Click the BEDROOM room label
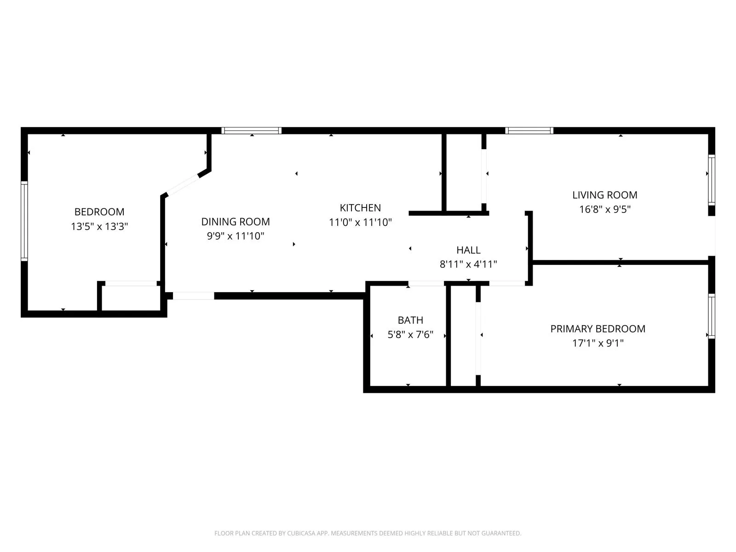pyautogui.click(x=99, y=212)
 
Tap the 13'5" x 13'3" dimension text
pyautogui.click(x=99, y=226)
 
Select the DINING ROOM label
pyautogui.click(x=236, y=222)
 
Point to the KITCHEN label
pyautogui.click(x=360, y=208)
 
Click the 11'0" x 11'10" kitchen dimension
pyautogui.click(x=360, y=223)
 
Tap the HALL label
pyautogui.click(x=468, y=250)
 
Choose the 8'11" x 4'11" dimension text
pyautogui.click(x=468, y=264)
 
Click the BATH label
pyautogui.click(x=410, y=320)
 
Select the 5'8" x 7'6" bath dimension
pyautogui.click(x=410, y=334)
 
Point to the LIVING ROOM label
pyautogui.click(x=604, y=195)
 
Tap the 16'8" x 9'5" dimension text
pyautogui.click(x=604, y=209)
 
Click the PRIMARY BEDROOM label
pyautogui.click(x=598, y=329)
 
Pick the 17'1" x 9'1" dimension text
pyautogui.click(x=598, y=343)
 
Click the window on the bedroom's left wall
pyautogui.click(x=24, y=221)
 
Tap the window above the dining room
pyautogui.click(x=251, y=131)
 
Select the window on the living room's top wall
pyautogui.click(x=529, y=131)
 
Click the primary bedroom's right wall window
pyautogui.click(x=712, y=316)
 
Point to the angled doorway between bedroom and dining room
pyautogui.click(x=183, y=185)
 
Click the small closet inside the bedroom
pyautogui.click(x=131, y=298)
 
